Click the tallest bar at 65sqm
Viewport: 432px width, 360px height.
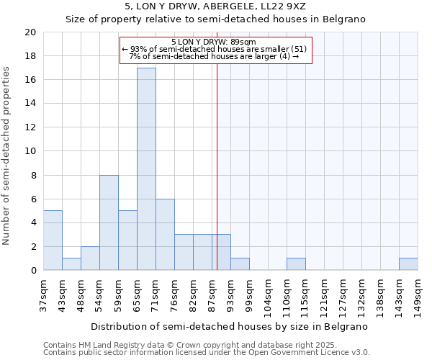coord(146,169)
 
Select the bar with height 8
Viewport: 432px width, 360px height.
coord(109,222)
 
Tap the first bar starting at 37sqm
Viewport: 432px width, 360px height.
coord(53,240)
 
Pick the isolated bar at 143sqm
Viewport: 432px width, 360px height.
coord(408,264)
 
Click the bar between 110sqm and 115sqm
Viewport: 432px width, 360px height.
coord(296,264)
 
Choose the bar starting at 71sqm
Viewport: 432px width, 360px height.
coord(165,235)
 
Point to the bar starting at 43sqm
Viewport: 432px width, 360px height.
coord(71,264)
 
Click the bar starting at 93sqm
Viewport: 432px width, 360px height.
coord(240,264)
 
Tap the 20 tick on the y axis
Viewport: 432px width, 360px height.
coord(30,32)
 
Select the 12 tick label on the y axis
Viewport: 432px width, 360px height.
coord(30,127)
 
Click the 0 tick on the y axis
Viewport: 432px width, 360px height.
coord(33,270)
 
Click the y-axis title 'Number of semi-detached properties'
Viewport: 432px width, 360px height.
coord(7,156)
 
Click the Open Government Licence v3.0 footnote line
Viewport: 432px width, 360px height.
coord(207,353)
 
